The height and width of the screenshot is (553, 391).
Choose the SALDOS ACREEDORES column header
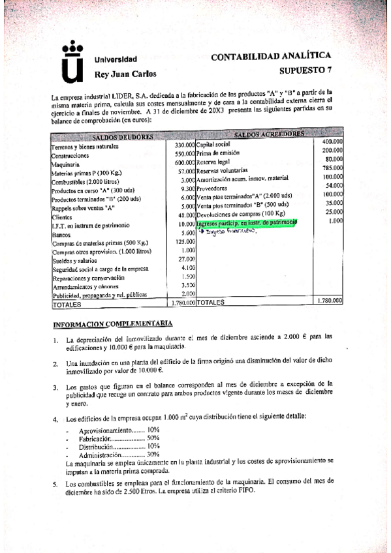coord(268,134)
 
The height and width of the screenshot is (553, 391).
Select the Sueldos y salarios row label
coord(72,260)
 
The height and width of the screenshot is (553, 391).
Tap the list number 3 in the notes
coord(57,387)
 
